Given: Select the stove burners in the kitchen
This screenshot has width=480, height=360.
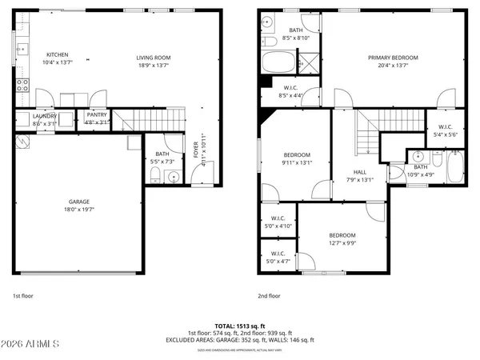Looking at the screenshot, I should (22, 84).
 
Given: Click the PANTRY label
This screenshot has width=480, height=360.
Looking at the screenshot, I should (97, 115).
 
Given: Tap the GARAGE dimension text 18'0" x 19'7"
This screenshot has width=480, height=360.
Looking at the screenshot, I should (78, 210).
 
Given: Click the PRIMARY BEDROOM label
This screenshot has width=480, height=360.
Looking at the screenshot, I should (392, 58).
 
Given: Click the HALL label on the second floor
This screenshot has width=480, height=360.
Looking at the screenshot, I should (360, 172).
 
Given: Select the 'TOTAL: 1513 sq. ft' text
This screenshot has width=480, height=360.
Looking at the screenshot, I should (240, 326).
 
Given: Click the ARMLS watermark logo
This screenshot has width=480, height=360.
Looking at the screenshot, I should (32, 344).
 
